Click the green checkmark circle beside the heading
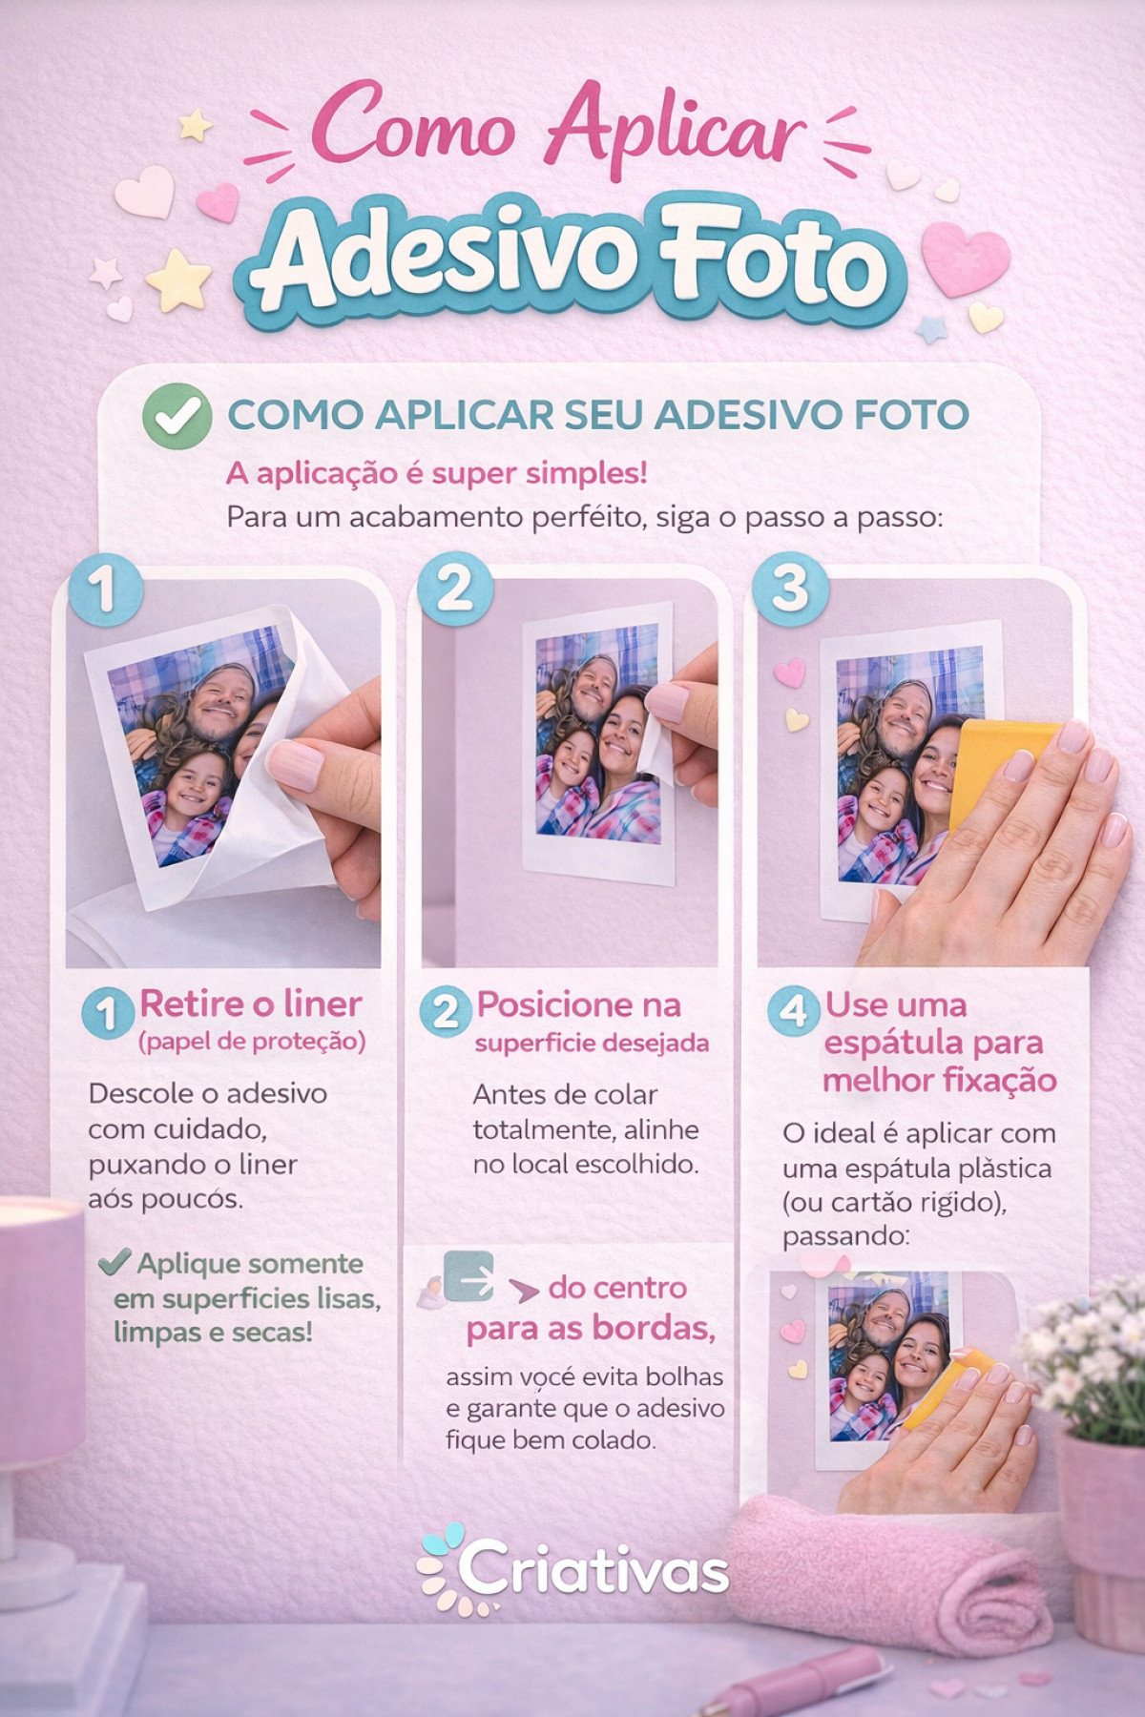pyautogui.click(x=177, y=416)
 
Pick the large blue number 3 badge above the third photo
pyautogui.click(x=789, y=589)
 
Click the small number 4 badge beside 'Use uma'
pyautogui.click(x=793, y=1009)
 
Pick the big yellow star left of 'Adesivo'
pyautogui.click(x=178, y=280)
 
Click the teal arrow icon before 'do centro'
pyautogui.click(x=469, y=1276)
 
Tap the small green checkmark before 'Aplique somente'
pyautogui.click(x=114, y=1263)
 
